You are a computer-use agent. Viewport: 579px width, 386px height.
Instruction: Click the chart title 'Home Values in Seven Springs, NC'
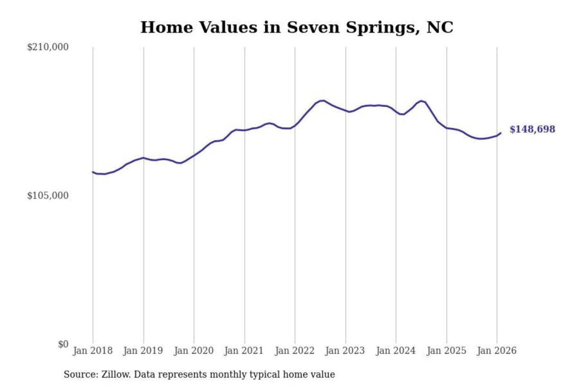pyautogui.click(x=297, y=27)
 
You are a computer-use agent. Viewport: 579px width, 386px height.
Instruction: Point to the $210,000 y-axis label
pyautogui.click(x=48, y=47)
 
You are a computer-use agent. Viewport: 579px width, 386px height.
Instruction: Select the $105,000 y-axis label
pyautogui.click(x=48, y=196)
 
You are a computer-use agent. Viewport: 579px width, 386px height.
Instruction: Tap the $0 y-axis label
pyautogui.click(x=63, y=344)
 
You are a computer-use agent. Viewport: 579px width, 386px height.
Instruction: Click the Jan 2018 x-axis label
pyautogui.click(x=92, y=351)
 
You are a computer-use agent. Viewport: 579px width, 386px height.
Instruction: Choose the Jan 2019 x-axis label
pyautogui.click(x=143, y=351)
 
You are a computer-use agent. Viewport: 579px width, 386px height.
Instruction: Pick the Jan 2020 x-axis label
pyautogui.click(x=193, y=351)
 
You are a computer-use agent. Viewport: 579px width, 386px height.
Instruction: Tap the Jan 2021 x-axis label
pyautogui.click(x=244, y=351)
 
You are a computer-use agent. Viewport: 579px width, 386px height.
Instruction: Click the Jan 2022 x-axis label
pyautogui.click(x=294, y=351)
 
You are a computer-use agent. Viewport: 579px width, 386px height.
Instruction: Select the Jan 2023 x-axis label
pyautogui.click(x=345, y=351)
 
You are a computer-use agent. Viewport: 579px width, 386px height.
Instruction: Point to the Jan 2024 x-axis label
pyautogui.click(x=395, y=351)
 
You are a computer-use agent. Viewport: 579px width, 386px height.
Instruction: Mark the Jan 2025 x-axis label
pyautogui.click(x=446, y=351)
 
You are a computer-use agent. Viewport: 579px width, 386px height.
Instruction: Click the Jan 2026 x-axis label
pyautogui.click(x=496, y=351)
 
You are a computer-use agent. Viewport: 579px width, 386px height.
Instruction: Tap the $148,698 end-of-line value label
pyautogui.click(x=532, y=129)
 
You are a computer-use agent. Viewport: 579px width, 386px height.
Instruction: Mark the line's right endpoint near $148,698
pyautogui.click(x=501, y=133)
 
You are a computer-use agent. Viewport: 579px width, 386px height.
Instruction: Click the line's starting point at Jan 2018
pyautogui.click(x=93, y=172)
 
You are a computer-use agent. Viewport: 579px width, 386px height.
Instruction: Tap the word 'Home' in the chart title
pyautogui.click(x=167, y=27)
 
